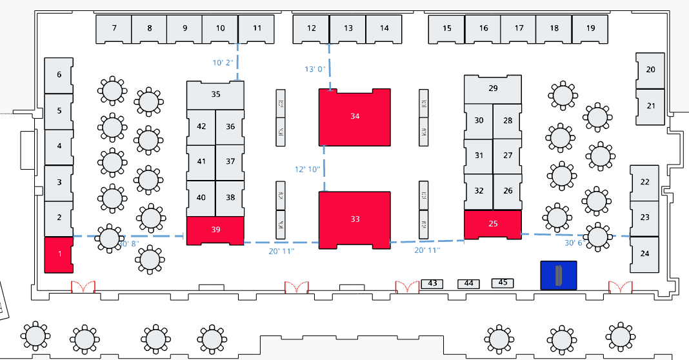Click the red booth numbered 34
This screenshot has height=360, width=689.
[x=355, y=117]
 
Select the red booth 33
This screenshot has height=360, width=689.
[x=355, y=219]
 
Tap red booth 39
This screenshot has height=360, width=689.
[x=215, y=230]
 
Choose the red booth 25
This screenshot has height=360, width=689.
[x=493, y=224]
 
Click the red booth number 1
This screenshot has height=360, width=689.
[x=59, y=254]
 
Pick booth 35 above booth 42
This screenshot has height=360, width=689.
[x=215, y=94]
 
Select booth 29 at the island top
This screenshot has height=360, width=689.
[x=493, y=88]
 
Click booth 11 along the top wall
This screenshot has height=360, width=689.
[x=257, y=28]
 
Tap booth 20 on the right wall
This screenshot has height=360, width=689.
[x=650, y=70]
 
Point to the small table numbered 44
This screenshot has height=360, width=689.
[x=469, y=283]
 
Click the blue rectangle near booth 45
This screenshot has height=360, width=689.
[x=559, y=275]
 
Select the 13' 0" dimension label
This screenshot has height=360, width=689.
[x=314, y=69]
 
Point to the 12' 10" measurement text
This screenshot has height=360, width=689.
[x=307, y=170]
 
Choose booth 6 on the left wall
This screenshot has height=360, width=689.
[x=59, y=75]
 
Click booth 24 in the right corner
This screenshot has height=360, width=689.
[x=644, y=254]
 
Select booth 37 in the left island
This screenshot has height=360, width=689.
[x=230, y=161]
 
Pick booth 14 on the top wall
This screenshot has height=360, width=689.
[x=384, y=28]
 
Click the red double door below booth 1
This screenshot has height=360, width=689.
[x=83, y=287]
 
